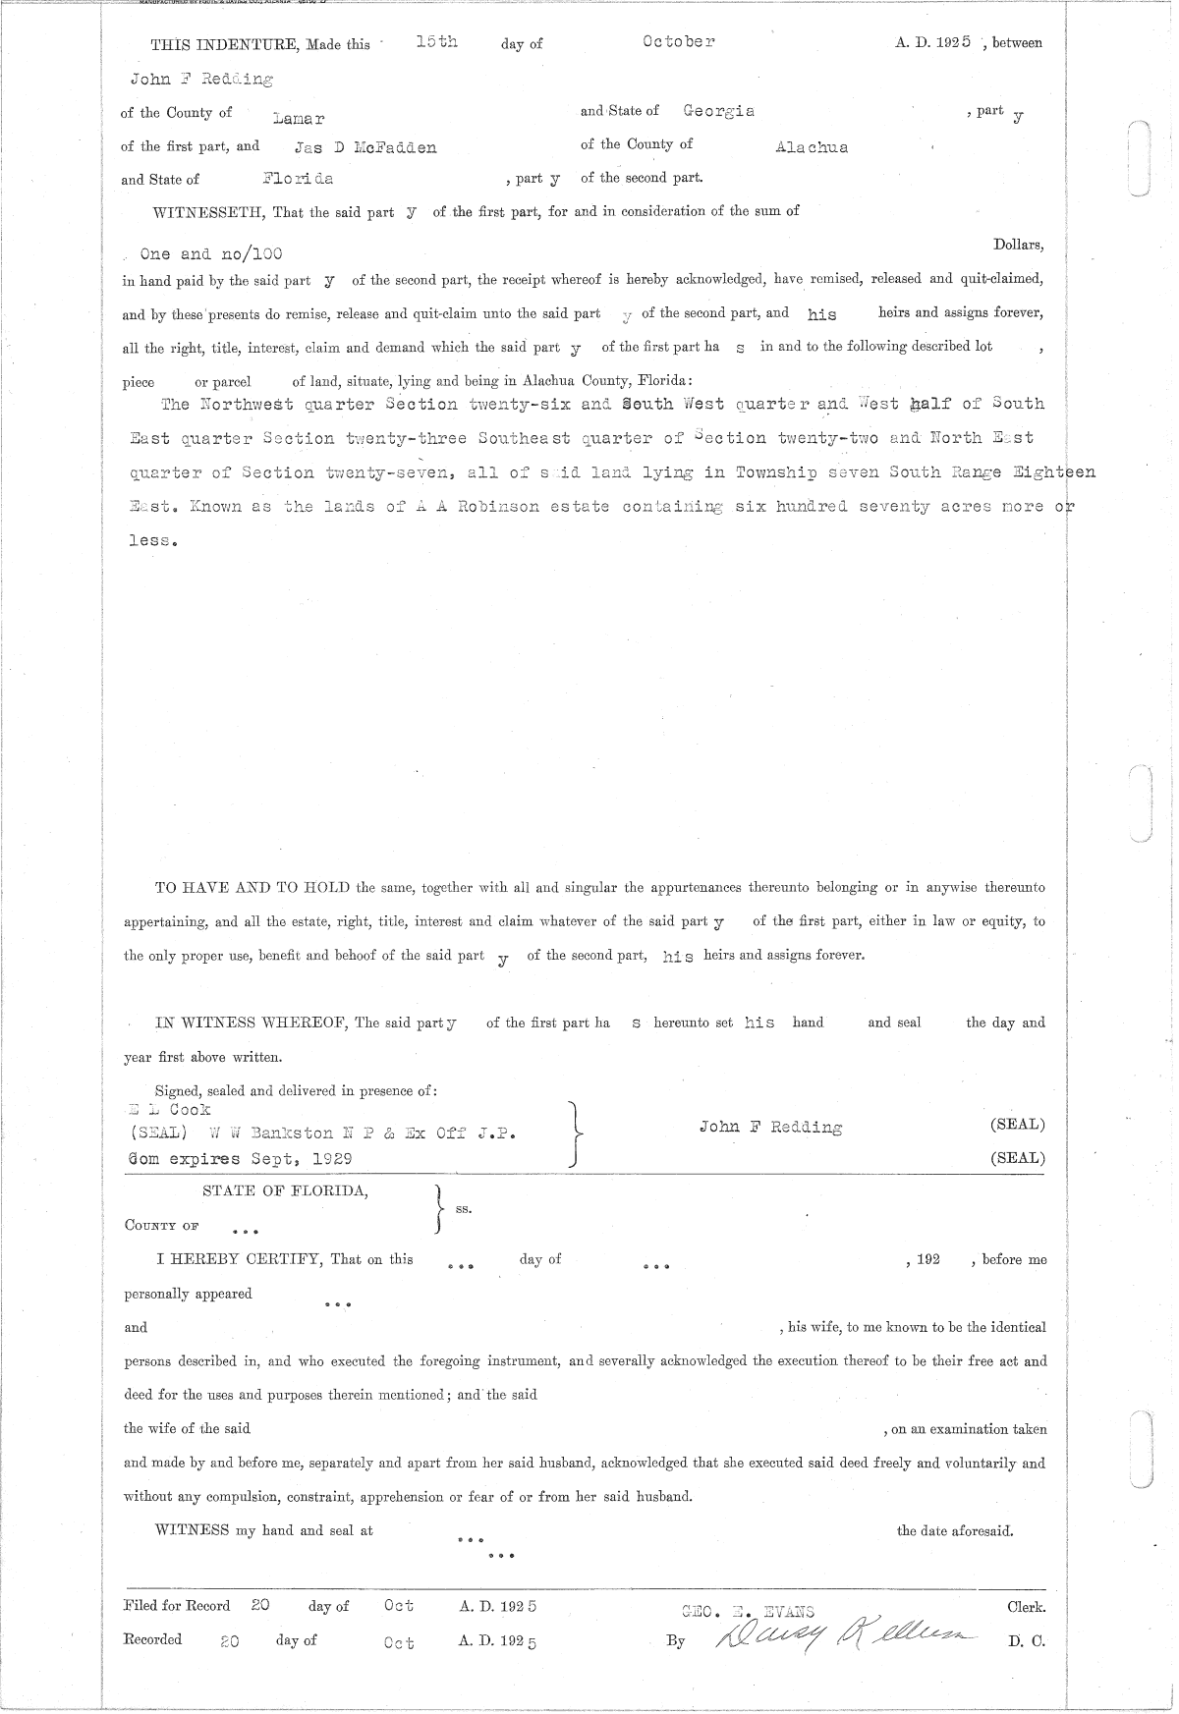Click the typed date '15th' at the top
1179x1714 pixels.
[436, 42]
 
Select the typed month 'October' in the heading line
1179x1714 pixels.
[678, 42]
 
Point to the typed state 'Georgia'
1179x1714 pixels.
[718, 112]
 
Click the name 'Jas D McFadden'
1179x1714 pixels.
[365, 148]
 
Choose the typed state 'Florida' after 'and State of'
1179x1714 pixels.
[298, 179]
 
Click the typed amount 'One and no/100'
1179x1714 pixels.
[211, 253]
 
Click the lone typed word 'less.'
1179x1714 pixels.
[152, 541]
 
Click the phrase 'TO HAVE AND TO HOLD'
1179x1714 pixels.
[253, 888]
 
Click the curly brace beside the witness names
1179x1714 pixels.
[578, 1134]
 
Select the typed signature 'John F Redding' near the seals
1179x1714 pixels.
[770, 1128]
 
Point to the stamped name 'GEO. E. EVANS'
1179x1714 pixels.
[748, 1610]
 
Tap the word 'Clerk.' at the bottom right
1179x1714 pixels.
[1026, 1608]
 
